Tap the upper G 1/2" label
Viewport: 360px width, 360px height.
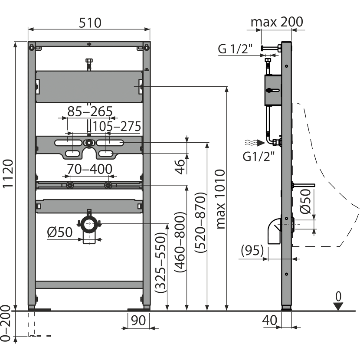point(234,49)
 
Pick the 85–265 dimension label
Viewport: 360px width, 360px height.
point(89,111)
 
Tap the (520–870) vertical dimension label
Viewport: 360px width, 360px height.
point(199,223)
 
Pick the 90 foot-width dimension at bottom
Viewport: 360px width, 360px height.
point(137,321)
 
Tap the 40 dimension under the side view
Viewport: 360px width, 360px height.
point(269,321)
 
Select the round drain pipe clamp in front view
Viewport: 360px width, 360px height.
point(90,225)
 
